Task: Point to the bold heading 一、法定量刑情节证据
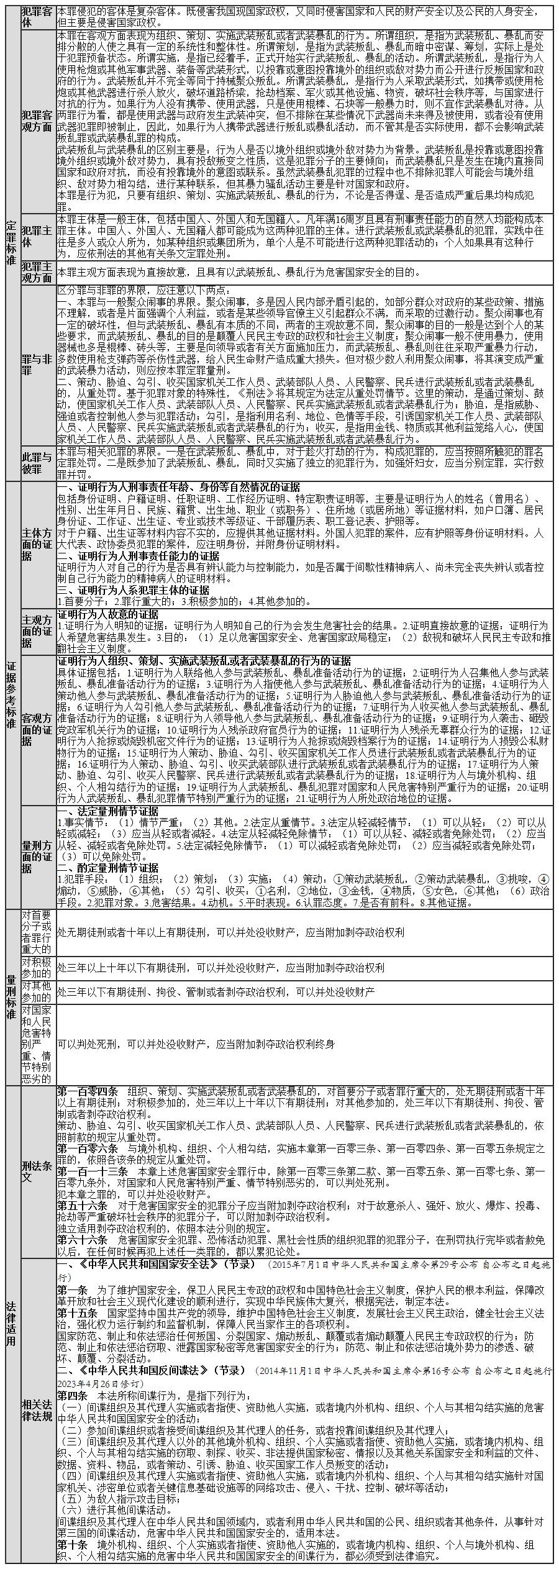[x=108, y=811]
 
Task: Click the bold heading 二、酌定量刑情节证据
[x=108, y=868]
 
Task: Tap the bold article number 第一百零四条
[x=88, y=1091]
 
